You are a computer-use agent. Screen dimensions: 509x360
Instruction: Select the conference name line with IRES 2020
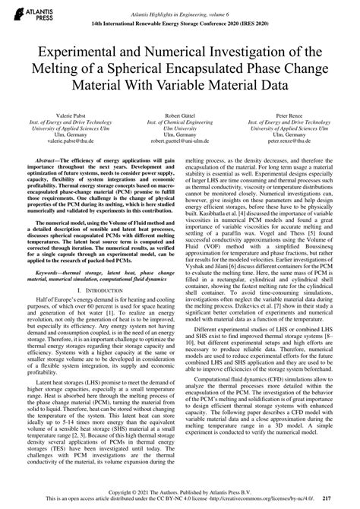(179, 24)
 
